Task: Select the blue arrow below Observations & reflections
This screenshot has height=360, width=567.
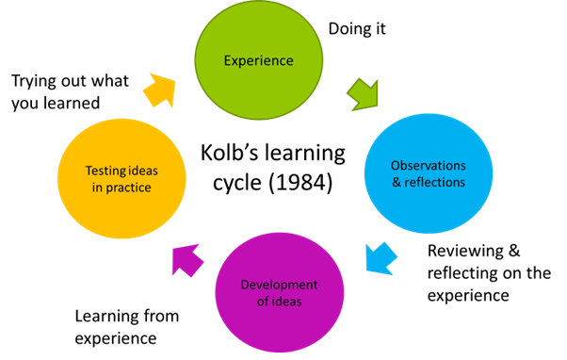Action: click(x=380, y=258)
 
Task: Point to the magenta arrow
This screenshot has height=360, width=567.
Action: click(x=187, y=259)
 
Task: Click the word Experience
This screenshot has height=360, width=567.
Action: click(x=258, y=61)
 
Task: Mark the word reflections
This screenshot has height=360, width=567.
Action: click(x=434, y=182)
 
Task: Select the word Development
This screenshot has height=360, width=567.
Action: click(x=280, y=285)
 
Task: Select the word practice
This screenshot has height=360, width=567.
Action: click(x=128, y=188)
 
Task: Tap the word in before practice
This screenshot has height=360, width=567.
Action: click(x=98, y=188)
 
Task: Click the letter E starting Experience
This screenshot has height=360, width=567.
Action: click(x=227, y=61)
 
